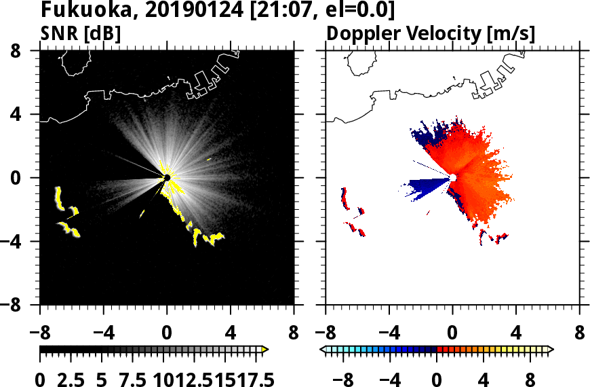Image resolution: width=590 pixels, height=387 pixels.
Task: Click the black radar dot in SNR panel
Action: (166, 177)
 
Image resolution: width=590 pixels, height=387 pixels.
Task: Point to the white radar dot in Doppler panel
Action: (452, 177)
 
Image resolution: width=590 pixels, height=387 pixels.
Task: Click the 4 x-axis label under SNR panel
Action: (231, 334)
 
